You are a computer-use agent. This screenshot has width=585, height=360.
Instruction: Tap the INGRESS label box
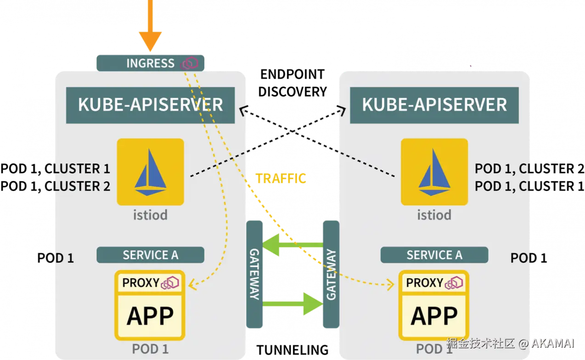(x=151, y=63)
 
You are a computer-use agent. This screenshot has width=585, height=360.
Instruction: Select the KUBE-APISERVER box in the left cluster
(x=151, y=105)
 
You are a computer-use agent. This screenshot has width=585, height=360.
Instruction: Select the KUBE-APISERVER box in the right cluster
(x=434, y=105)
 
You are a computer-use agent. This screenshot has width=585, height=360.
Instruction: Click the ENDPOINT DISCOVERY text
(x=292, y=83)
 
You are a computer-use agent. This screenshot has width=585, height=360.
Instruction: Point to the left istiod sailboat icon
(x=151, y=172)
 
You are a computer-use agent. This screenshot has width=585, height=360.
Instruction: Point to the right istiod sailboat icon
(x=434, y=172)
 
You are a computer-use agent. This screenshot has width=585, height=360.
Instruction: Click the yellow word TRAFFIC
(x=281, y=179)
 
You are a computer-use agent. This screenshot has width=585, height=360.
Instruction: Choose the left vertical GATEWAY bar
(x=254, y=274)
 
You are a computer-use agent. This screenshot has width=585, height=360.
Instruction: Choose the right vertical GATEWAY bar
(x=331, y=274)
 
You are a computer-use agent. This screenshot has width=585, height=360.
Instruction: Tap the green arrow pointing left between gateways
(x=293, y=245)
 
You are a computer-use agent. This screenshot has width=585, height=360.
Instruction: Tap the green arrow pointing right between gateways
(x=293, y=304)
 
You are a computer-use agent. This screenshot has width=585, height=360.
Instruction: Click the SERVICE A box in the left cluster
(x=151, y=255)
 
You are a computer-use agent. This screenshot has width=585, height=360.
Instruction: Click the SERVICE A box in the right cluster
(x=434, y=255)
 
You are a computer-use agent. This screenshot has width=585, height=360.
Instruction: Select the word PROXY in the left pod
(x=141, y=283)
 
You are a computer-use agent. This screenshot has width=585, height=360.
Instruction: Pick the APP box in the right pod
(x=434, y=316)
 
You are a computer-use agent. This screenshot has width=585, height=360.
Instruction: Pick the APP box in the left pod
(x=150, y=316)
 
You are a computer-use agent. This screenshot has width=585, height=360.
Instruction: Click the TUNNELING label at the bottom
(x=292, y=350)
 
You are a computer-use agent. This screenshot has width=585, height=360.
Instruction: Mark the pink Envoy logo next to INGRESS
(x=189, y=63)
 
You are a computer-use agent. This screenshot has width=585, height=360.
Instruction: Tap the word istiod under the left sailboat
(x=151, y=215)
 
